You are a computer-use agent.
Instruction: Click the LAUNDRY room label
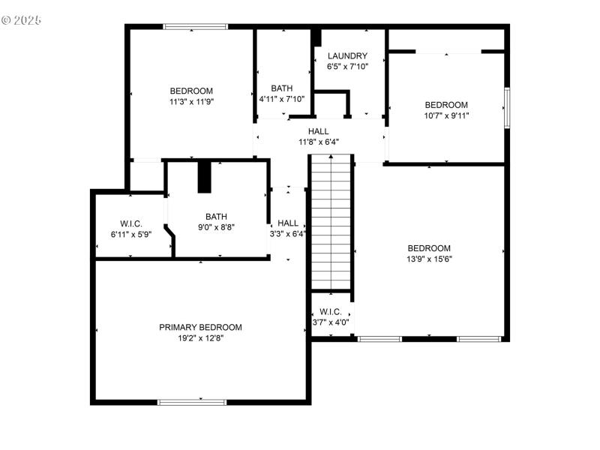point(347,55)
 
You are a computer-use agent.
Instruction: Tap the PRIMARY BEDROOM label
point(200,327)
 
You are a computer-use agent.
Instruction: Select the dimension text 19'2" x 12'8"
point(200,338)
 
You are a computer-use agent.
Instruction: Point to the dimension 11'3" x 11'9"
point(190,102)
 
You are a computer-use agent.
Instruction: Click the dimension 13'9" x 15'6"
point(429,259)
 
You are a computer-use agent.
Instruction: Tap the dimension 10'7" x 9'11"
point(446,115)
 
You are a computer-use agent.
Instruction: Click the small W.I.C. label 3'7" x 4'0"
point(331,322)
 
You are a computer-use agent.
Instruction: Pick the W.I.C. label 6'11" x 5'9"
point(131,234)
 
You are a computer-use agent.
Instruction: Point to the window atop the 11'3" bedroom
point(195,27)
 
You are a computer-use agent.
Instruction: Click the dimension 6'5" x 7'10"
point(346,67)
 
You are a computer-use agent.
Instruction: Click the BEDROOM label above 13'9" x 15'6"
point(429,248)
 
